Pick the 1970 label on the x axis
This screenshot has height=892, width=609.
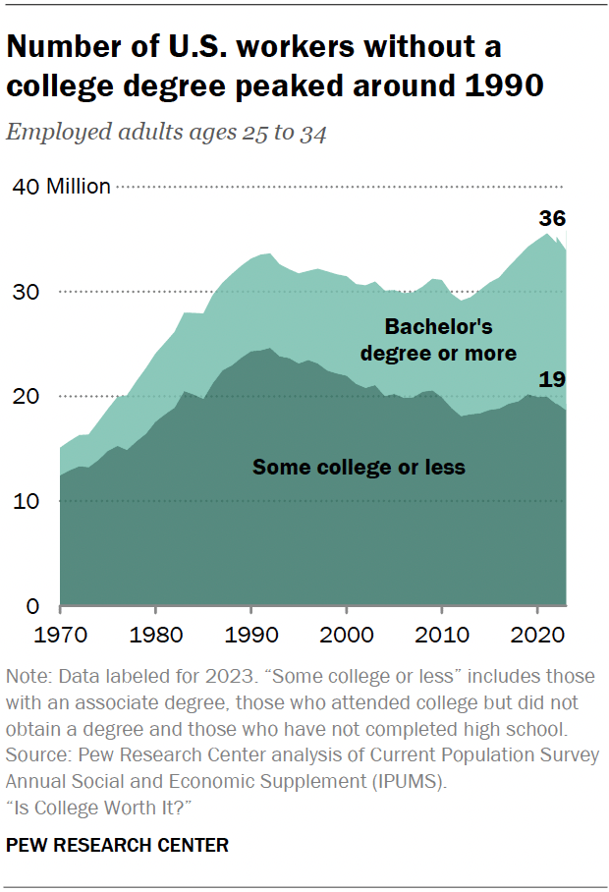click(x=62, y=636)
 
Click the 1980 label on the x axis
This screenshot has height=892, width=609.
click(x=155, y=636)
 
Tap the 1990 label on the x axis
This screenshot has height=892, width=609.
click(x=251, y=636)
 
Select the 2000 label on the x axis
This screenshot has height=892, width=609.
click(x=347, y=636)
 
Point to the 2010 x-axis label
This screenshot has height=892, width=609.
click(x=442, y=636)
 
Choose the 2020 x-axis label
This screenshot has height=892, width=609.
click(x=536, y=636)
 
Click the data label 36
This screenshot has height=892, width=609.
click(x=552, y=218)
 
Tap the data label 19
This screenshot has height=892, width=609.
click(x=552, y=380)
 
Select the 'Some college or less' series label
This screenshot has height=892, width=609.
click(x=359, y=468)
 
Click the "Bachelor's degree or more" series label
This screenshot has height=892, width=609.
click(x=438, y=339)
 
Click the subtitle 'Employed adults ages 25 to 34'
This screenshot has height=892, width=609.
click(x=166, y=134)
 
